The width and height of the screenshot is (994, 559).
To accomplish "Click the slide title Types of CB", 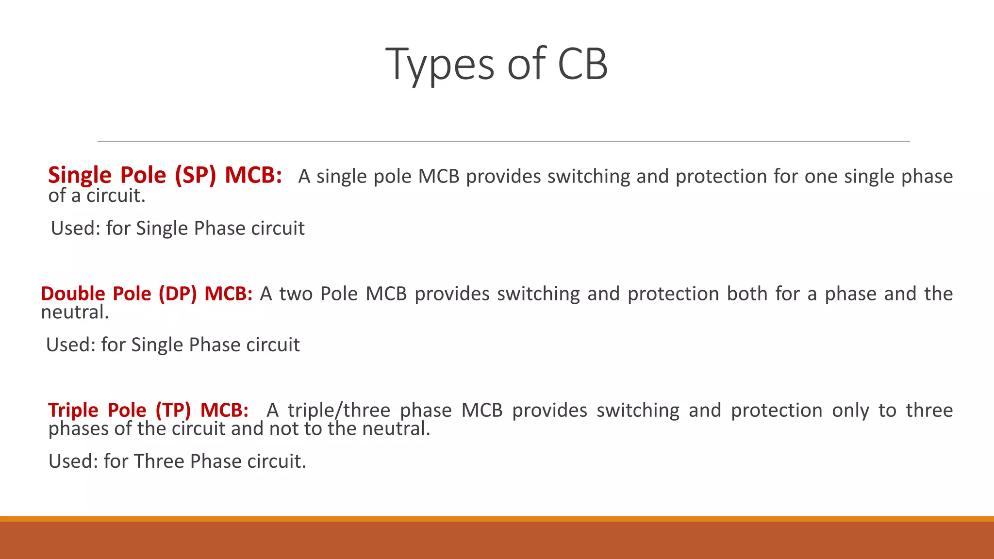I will pos(496,65).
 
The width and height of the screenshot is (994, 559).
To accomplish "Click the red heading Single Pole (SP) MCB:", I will pos(165,175).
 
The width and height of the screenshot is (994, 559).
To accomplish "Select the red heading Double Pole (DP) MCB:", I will pos(147,294).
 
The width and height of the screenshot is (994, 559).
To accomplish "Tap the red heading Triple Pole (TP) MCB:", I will pos(148,411).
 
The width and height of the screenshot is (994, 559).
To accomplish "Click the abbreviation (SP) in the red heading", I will pos(195,175).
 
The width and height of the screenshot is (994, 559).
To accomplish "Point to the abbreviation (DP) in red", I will pos(178,294).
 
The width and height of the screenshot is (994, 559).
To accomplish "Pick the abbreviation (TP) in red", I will pos(173,411).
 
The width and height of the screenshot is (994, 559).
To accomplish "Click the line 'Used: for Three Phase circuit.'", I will pos(177,461).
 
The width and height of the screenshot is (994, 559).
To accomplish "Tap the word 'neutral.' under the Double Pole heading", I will pos(75,312).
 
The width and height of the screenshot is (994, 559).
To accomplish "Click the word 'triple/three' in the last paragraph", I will pos(339,411).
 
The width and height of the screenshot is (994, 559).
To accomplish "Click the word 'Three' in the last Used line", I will pos(159,461).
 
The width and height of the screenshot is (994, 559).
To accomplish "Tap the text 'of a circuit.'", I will pos(97,196).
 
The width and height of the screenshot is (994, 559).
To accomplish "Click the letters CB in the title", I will pos(582,65).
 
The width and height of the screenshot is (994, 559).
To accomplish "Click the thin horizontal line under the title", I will pos(503,142).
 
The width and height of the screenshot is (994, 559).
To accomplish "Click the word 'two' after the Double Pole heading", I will pos(296,294).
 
